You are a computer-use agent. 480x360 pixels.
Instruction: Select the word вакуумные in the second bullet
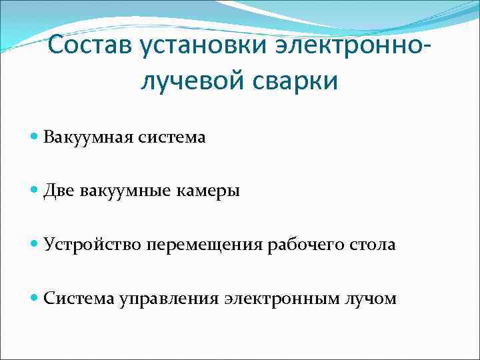point(123,191)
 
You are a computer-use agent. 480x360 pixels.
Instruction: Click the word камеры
point(207,191)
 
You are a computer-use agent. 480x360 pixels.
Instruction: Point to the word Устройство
point(86,245)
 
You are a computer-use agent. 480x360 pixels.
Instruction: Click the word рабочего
point(302,245)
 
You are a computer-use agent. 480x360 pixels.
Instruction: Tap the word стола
point(373,245)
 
